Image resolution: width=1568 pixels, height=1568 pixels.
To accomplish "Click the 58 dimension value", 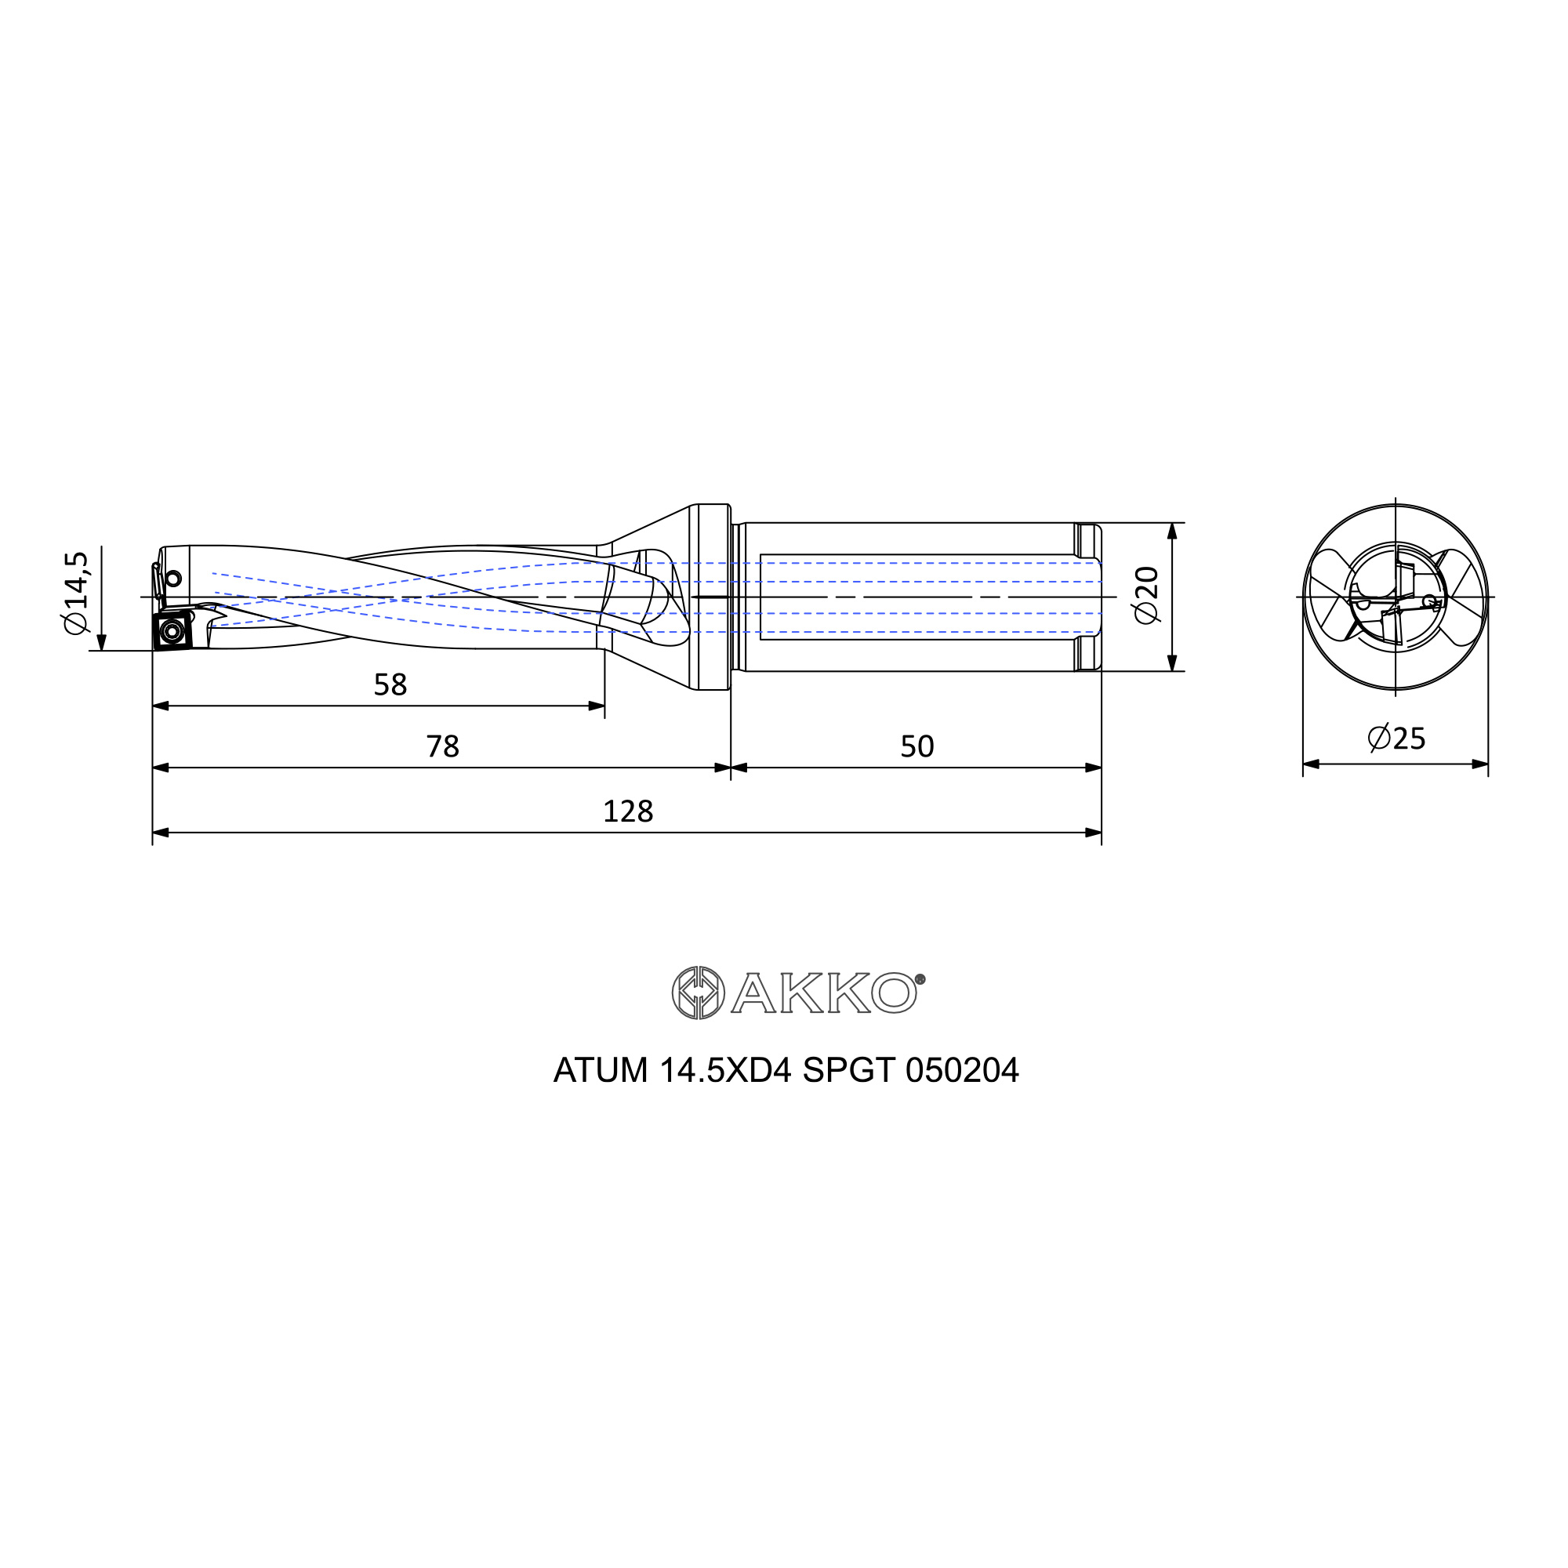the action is (390, 685).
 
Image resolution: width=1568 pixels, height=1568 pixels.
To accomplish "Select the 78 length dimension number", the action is (442, 746).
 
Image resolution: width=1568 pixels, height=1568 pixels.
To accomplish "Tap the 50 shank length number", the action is (917, 746).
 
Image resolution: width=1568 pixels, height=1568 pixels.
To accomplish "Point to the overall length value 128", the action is (627, 811).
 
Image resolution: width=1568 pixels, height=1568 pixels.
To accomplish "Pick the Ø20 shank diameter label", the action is (1148, 595).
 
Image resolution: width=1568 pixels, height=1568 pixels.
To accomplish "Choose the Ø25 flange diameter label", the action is (1396, 738).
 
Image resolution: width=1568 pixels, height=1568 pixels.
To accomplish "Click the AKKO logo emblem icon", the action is (698, 992).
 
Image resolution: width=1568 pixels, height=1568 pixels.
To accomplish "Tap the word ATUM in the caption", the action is (601, 1070).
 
